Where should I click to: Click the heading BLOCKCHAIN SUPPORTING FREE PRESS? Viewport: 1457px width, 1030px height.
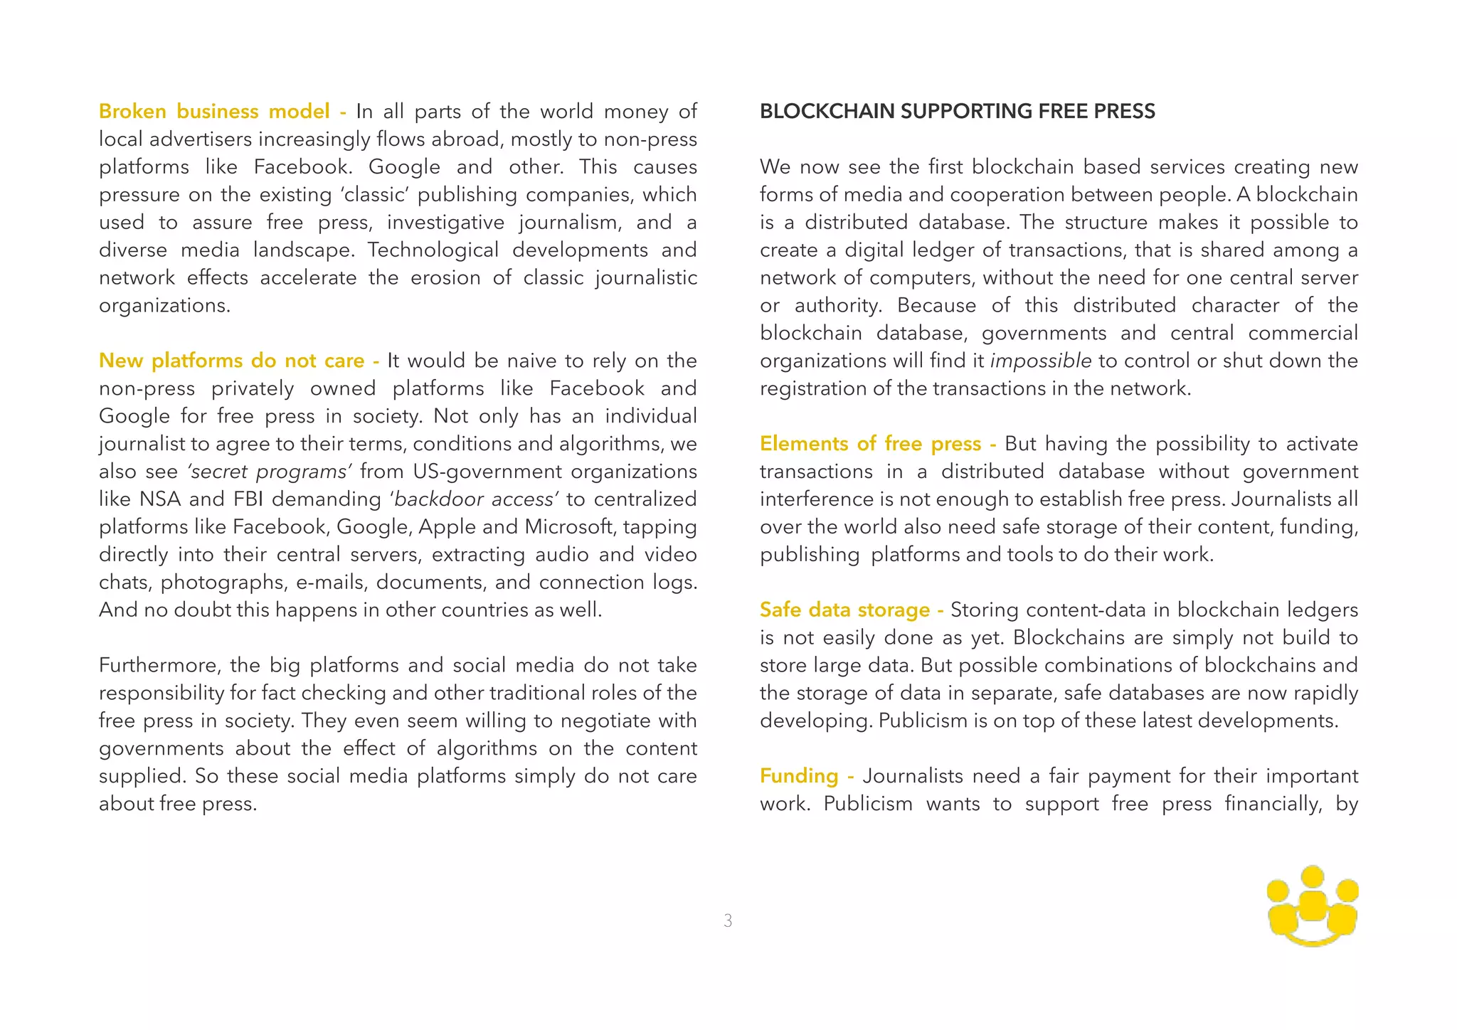tap(957, 112)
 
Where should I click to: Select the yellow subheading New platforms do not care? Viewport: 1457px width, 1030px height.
tap(231, 361)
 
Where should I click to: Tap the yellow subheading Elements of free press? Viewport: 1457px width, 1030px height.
tap(870, 444)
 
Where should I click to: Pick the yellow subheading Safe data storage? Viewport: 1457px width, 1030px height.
tap(844, 610)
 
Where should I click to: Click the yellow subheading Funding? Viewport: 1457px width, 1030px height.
tap(799, 776)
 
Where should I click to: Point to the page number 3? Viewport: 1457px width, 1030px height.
tap(728, 920)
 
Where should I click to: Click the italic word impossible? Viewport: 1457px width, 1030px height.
tap(1041, 361)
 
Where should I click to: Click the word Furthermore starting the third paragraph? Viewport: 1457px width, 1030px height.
tap(160, 666)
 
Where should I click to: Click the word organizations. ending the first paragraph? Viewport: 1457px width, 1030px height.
tap(164, 306)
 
